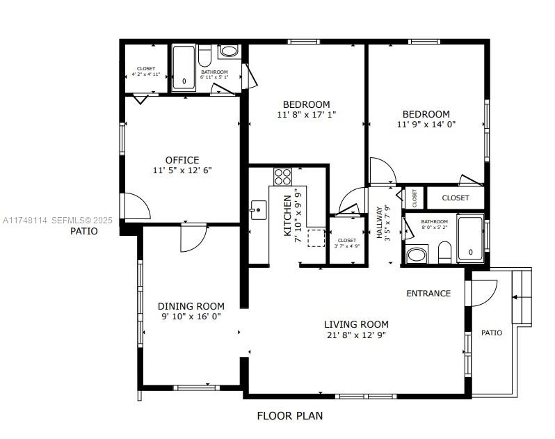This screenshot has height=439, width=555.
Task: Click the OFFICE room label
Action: click(x=182, y=160)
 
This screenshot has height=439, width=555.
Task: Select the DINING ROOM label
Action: click(x=191, y=306)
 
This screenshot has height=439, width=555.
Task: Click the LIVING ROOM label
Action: click(x=356, y=324)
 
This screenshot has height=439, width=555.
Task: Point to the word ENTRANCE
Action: click(x=428, y=294)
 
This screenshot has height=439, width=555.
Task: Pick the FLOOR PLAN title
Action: click(x=289, y=416)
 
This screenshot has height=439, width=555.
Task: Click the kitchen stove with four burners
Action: click(x=282, y=176)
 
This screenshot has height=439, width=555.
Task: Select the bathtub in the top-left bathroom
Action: click(x=184, y=68)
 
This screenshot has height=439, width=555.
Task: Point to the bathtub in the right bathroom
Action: click(x=470, y=239)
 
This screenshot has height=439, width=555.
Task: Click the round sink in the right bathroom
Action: click(x=416, y=255)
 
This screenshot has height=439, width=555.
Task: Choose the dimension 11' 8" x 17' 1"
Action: click(x=306, y=115)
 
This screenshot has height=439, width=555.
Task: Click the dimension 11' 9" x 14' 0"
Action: click(x=426, y=125)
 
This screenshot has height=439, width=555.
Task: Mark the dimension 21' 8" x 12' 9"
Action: click(x=356, y=335)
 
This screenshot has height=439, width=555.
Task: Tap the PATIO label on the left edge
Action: click(x=83, y=231)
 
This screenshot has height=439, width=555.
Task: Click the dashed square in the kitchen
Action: click(x=316, y=237)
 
